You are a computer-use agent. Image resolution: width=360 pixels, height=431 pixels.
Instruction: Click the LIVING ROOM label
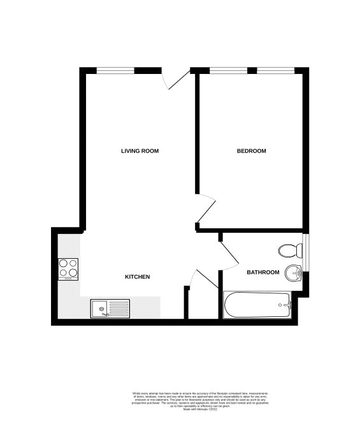pyautogui.click(x=140, y=151)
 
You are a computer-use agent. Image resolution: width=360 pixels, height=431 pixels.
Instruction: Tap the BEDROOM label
pyautogui.click(x=251, y=151)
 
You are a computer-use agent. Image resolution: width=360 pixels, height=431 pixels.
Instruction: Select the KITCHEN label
pyautogui.click(x=137, y=277)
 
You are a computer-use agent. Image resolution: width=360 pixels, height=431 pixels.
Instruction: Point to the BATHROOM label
pyautogui.click(x=263, y=272)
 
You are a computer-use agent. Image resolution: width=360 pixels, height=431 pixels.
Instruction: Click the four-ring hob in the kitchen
pyautogui.click(x=68, y=268)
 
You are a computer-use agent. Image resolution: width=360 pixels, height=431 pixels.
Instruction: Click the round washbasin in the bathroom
pyautogui.click(x=294, y=272)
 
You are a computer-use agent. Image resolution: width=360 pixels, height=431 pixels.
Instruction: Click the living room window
pyautogui.click(x=115, y=70)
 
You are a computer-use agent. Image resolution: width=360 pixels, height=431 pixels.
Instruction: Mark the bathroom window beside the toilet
pyautogui.click(x=305, y=252)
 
